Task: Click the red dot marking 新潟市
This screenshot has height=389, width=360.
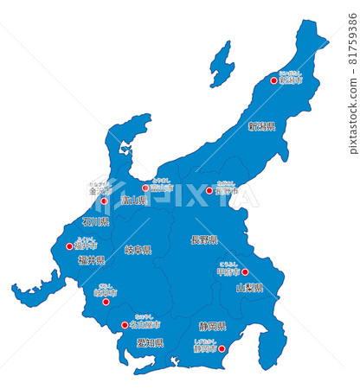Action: [x=274, y=80]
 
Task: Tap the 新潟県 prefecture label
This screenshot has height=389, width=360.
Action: [x=261, y=126]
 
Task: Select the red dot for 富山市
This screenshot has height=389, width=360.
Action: [x=145, y=188]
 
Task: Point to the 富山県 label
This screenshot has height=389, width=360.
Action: [x=134, y=201]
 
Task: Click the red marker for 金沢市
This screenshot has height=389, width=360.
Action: [x=104, y=201]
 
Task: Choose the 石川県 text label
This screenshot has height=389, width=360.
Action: [x=95, y=222]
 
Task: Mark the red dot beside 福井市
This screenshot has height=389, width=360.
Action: [x=70, y=246]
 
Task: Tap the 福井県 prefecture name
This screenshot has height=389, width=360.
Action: [x=91, y=259]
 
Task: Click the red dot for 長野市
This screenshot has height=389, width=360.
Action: [x=209, y=191]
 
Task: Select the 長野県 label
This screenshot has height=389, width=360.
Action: [x=204, y=239]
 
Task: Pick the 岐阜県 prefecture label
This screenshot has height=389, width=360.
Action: [x=138, y=250]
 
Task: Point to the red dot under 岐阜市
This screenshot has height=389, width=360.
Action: [x=106, y=302]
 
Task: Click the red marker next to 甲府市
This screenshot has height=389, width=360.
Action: [x=245, y=271]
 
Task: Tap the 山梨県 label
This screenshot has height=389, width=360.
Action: [x=249, y=287]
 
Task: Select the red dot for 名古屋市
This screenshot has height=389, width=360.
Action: [x=125, y=326]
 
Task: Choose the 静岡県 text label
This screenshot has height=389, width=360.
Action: [x=212, y=327]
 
